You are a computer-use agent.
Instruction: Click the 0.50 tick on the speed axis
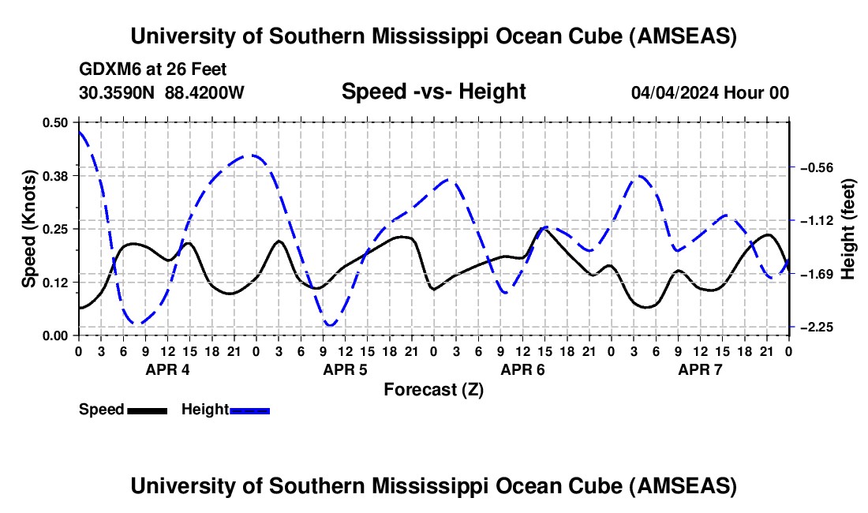(x=55, y=122)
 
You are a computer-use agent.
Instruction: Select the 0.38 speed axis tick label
(x=55, y=175)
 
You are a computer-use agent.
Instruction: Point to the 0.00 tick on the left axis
(x=55, y=335)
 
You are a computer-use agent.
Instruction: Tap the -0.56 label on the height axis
(x=817, y=167)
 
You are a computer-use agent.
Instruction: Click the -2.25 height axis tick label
(x=817, y=327)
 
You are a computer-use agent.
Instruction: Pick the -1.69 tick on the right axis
(x=817, y=274)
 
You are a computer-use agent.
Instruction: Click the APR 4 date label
(x=168, y=369)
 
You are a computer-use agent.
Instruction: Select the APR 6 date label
(x=523, y=369)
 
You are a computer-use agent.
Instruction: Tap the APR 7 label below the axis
(x=701, y=369)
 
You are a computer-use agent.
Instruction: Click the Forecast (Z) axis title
(x=433, y=389)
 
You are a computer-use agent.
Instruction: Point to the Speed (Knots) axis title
(x=29, y=229)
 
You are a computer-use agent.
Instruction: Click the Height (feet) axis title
(x=848, y=229)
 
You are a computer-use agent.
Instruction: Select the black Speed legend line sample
(x=146, y=410)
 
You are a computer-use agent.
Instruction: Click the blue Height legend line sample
(x=249, y=410)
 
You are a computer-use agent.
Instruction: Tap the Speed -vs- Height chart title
(x=433, y=92)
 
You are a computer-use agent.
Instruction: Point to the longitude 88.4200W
(x=204, y=93)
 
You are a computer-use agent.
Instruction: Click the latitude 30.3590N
(x=118, y=93)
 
